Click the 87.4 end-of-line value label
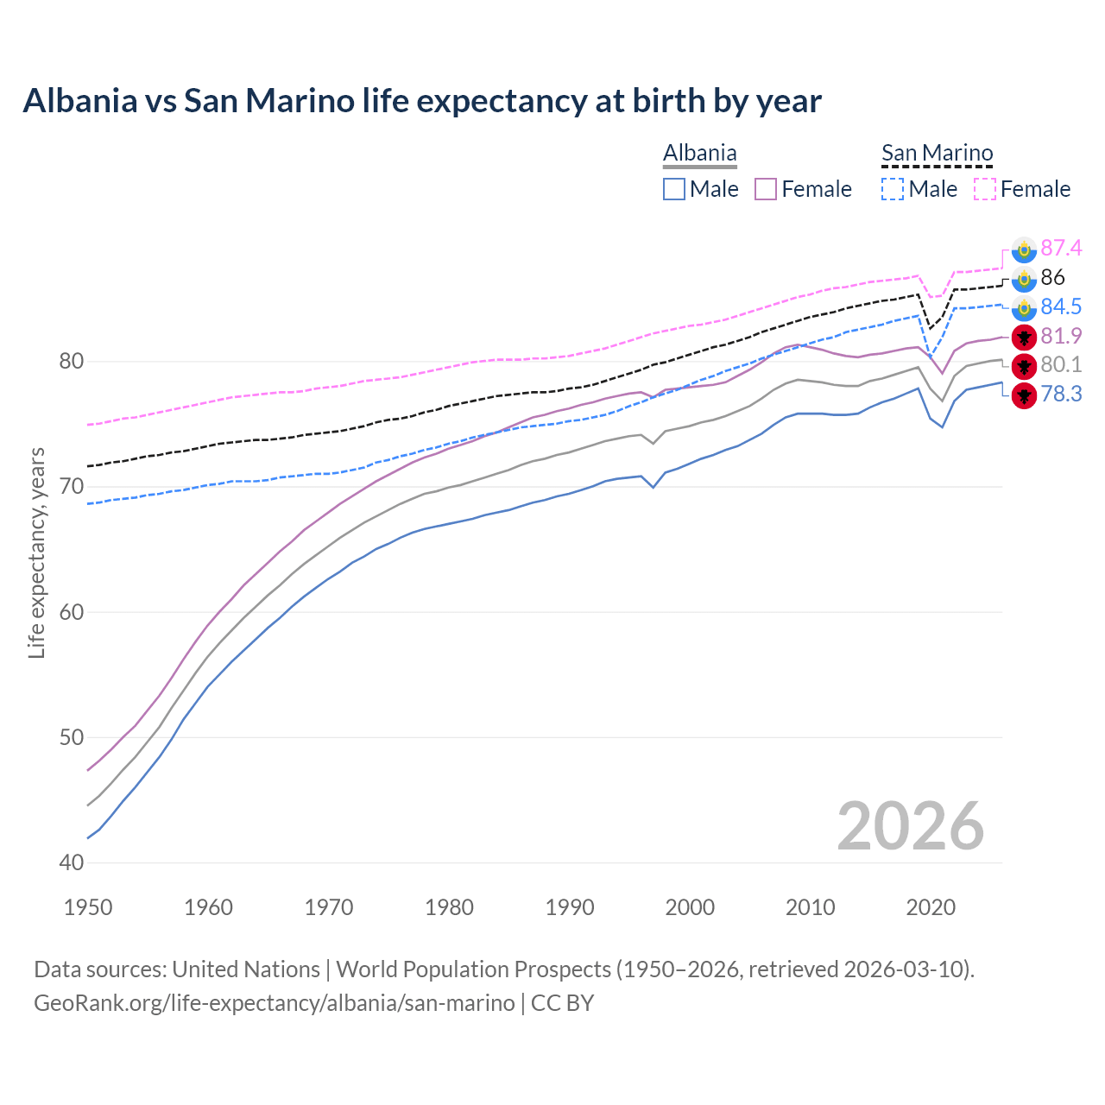[1061, 249]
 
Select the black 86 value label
[1052, 278]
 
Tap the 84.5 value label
[1061, 307]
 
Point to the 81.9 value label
[1061, 336]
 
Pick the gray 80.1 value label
[1061, 365]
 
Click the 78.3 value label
[1061, 395]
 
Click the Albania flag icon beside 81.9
[1024, 337]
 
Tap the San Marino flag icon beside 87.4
[1024, 249]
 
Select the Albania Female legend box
[766, 189]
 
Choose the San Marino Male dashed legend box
[893, 189]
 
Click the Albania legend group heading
[699, 154]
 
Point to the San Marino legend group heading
[937, 154]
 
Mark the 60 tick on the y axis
[71, 612]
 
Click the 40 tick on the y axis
[71, 862]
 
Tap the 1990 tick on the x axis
[570, 907]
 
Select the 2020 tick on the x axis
[931, 907]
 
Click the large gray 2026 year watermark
[910, 826]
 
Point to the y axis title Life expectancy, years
[37, 552]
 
